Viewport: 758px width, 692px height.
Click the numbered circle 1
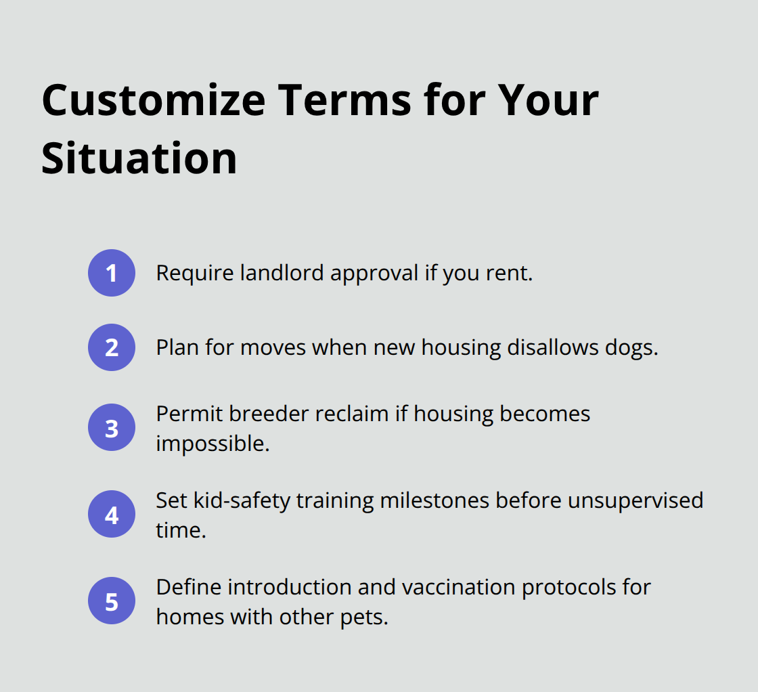[112, 273]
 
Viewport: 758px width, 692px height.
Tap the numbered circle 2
[112, 347]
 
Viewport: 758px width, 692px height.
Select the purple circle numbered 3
[112, 428]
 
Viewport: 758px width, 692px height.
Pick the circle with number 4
[112, 515]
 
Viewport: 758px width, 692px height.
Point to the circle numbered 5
[112, 601]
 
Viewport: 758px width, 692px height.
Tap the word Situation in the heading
[139, 158]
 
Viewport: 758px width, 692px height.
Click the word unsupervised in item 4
[636, 501]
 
